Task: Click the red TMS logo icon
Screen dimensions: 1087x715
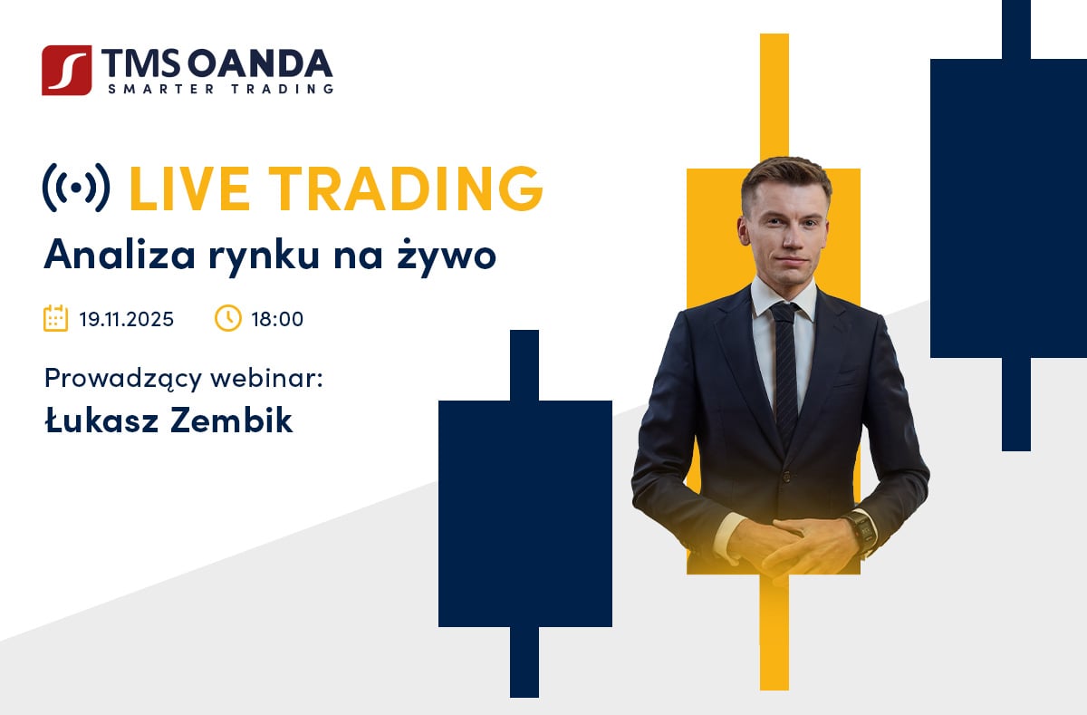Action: point(66,71)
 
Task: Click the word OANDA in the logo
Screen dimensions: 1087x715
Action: point(260,63)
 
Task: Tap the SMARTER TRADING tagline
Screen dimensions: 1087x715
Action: point(221,89)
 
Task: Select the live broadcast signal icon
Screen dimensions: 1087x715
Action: point(76,188)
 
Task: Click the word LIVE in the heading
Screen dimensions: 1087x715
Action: point(189,188)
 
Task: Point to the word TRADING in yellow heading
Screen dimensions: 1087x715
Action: point(406,188)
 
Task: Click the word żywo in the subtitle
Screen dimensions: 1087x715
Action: point(447,255)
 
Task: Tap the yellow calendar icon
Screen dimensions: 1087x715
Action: point(56,318)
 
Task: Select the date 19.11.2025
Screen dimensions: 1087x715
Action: point(126,319)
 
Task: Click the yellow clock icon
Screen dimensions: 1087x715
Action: point(227,318)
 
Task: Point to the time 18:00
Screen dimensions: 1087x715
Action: point(277,319)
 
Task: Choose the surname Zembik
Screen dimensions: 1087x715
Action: point(232,420)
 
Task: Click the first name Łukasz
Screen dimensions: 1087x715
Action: point(101,420)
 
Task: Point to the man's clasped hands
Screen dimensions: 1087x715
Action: point(796,546)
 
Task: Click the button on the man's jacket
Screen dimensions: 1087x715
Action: point(786,478)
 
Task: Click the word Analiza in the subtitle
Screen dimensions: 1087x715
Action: point(120,254)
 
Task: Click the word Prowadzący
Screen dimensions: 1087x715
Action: point(123,379)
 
